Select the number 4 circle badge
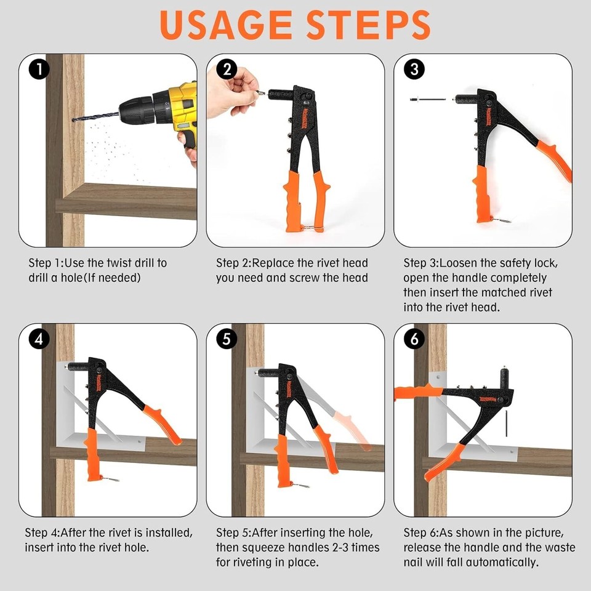(39, 339)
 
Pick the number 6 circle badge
(414, 339)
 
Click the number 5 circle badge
(227, 339)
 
